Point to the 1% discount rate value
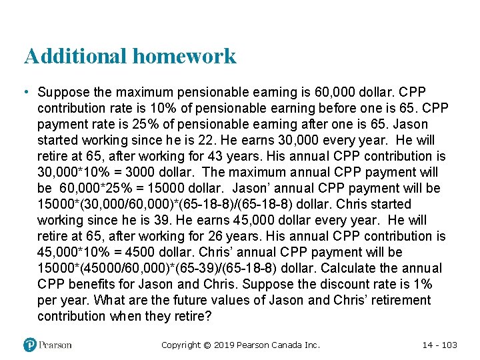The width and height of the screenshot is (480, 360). tap(420, 284)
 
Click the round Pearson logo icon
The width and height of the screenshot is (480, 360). tap(29, 345)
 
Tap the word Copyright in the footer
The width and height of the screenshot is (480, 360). tap(181, 345)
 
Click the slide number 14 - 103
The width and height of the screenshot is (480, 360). tap(440, 345)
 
